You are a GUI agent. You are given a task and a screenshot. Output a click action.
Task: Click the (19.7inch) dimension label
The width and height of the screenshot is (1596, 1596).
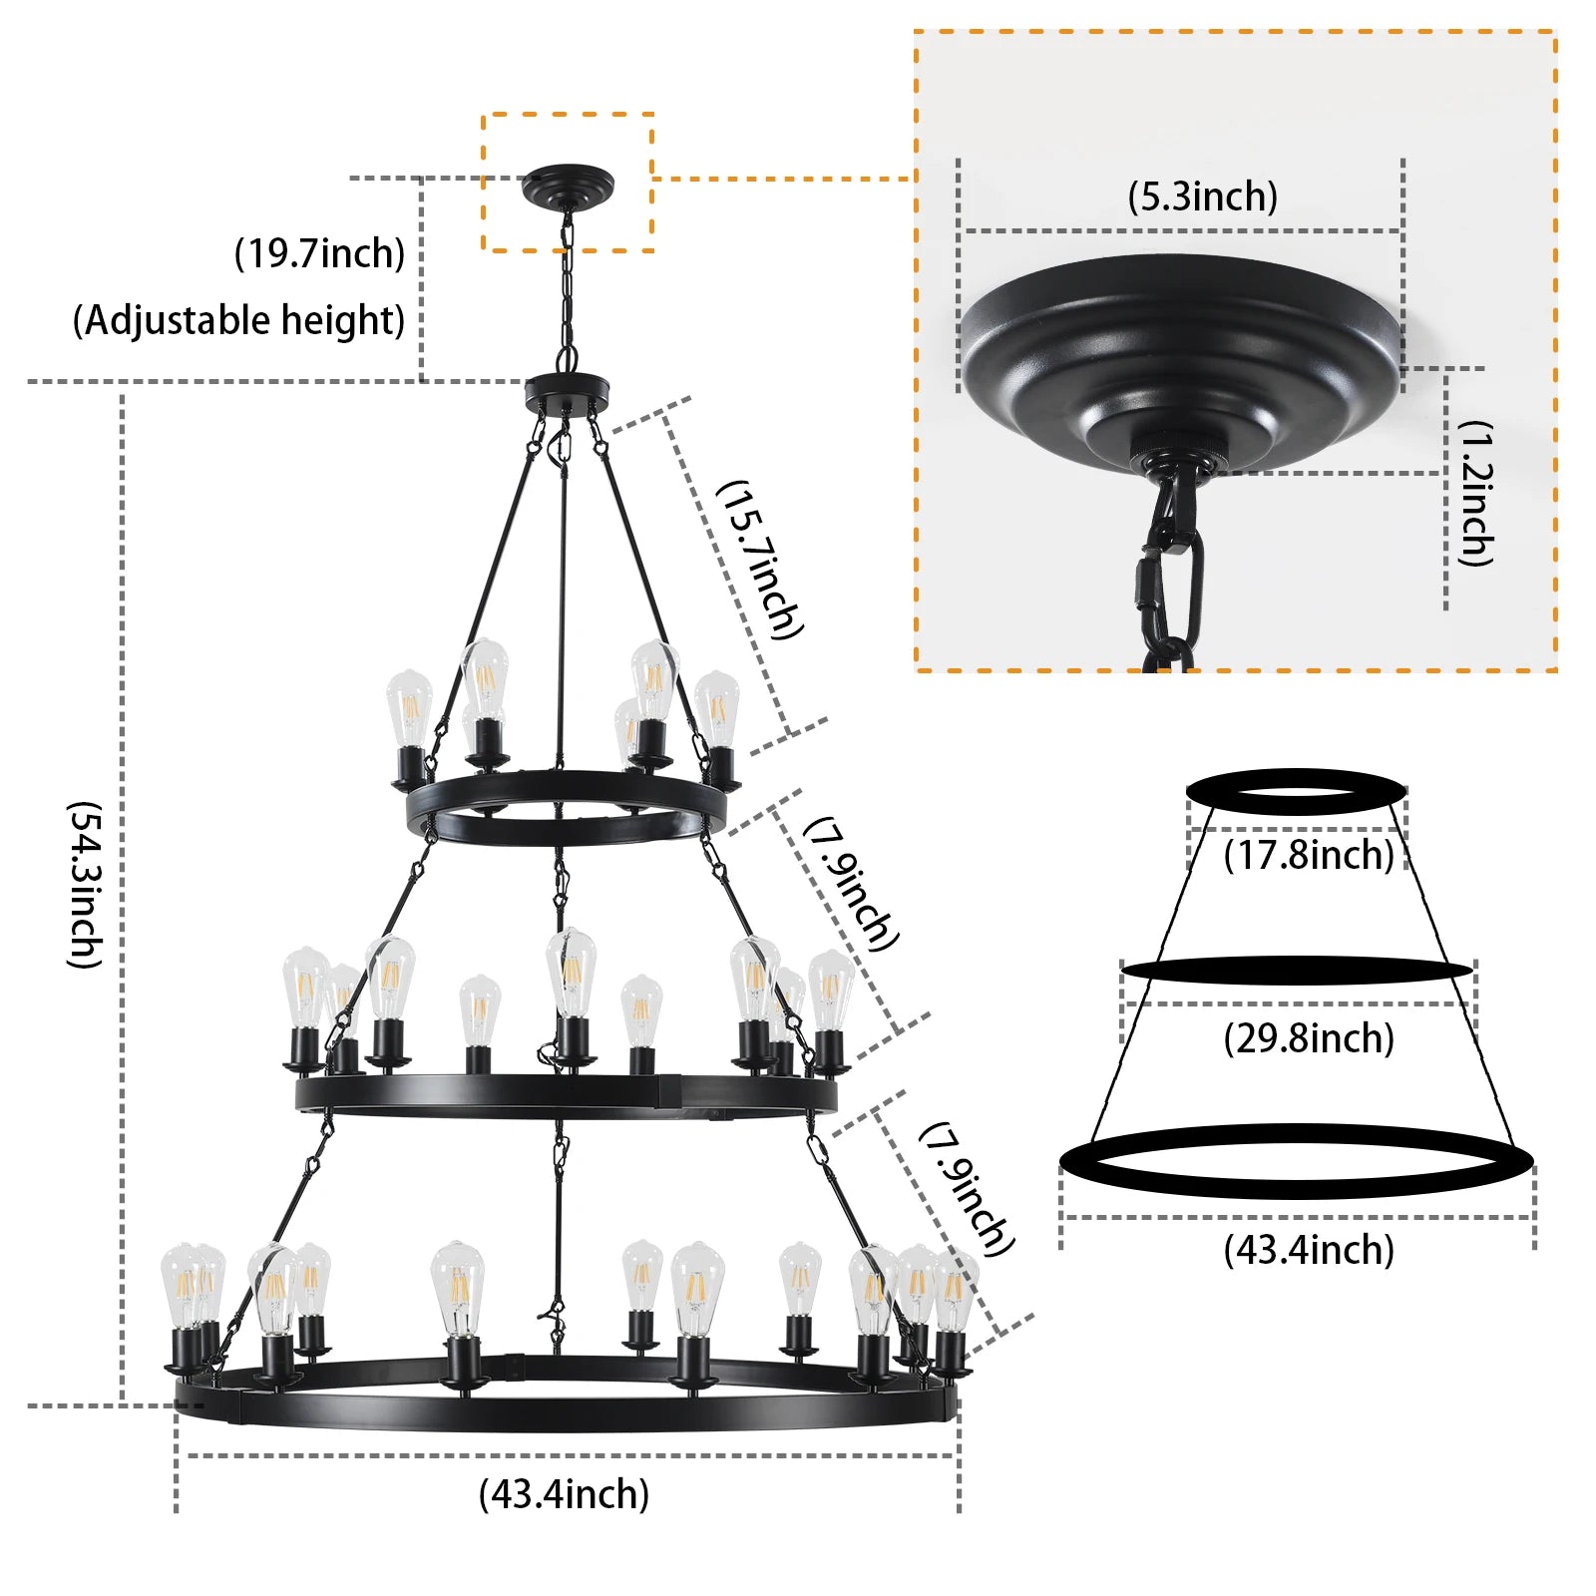pyautogui.click(x=319, y=253)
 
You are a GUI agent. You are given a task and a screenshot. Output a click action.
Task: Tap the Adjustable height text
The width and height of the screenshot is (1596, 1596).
pyautogui.click(x=239, y=320)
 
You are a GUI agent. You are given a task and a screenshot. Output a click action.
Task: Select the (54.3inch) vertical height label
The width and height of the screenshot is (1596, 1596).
pyautogui.click(x=85, y=884)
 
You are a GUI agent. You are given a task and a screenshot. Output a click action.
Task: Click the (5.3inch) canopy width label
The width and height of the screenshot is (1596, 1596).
pyautogui.click(x=1202, y=197)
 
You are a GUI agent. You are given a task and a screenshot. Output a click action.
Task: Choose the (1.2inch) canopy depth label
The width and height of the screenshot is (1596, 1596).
pyautogui.click(x=1475, y=493)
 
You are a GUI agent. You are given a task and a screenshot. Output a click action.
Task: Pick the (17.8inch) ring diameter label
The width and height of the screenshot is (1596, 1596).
pyautogui.click(x=1308, y=855)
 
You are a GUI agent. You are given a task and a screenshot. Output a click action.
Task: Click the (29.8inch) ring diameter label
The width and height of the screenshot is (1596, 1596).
pyautogui.click(x=1308, y=1038)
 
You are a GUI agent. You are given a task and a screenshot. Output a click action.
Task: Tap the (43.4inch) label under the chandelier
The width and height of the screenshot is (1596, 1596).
pyautogui.click(x=564, y=1494)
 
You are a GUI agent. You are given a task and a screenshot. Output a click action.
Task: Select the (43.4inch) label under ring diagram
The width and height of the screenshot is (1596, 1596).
pyautogui.click(x=1308, y=1250)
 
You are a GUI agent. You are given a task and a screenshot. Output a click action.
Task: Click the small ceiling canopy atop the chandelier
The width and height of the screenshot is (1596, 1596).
pyautogui.click(x=568, y=186)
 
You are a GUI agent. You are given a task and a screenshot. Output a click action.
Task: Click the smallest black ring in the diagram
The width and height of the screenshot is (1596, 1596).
pyautogui.click(x=1296, y=791)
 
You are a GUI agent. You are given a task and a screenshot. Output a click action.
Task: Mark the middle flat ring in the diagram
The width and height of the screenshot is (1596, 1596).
pyautogui.click(x=1296, y=970)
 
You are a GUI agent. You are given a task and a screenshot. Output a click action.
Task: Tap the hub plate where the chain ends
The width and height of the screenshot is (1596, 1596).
pyautogui.click(x=567, y=389)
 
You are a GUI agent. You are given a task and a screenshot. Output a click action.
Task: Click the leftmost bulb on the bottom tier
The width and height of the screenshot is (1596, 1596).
pyautogui.click(x=183, y=1287)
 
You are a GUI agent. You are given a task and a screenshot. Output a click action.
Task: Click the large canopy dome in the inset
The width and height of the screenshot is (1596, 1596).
pyautogui.click(x=1182, y=359)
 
